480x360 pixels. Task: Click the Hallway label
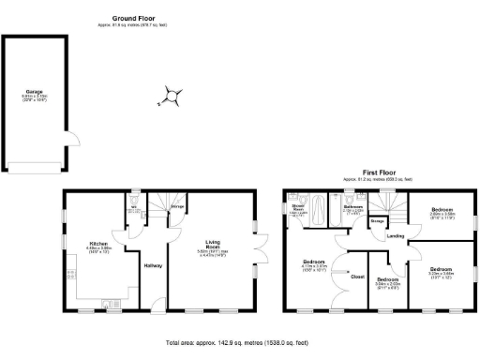pos(153,265)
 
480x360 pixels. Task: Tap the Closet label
pos(356,277)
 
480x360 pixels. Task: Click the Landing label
pos(397,236)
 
